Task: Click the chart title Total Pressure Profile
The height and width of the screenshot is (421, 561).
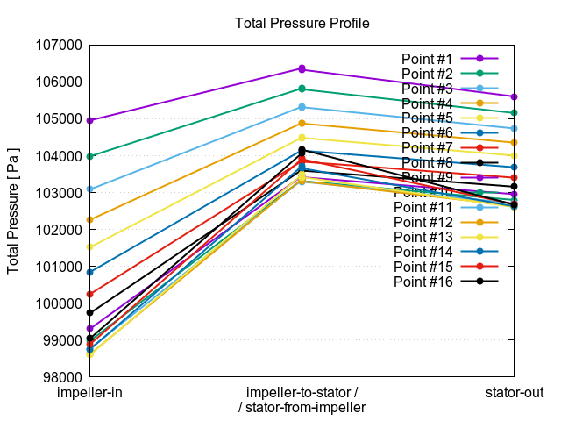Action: (x=302, y=23)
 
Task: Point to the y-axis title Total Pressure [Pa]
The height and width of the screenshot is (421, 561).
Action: (x=14, y=210)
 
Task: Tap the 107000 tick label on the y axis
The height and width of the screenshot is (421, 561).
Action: (x=58, y=46)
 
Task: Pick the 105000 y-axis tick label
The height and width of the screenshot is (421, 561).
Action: (x=58, y=119)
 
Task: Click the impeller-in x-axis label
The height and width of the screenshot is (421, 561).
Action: (x=90, y=393)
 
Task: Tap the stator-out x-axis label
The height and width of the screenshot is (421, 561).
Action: (x=515, y=393)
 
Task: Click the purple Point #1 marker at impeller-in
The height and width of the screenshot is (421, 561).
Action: (x=90, y=120)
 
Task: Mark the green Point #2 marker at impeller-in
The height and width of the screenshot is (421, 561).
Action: (x=90, y=156)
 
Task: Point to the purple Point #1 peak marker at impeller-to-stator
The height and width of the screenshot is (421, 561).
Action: (x=302, y=68)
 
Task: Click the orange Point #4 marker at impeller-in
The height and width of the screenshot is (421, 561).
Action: (x=90, y=219)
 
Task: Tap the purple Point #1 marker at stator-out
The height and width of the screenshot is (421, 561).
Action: (x=515, y=96)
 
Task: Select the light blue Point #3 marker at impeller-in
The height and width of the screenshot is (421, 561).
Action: (x=90, y=189)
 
